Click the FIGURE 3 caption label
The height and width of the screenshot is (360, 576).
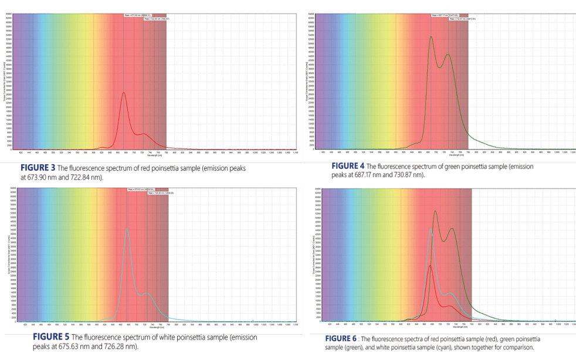tap(38, 167)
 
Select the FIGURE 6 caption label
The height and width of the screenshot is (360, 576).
tap(343, 339)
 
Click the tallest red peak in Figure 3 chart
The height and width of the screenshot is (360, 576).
tap(123, 93)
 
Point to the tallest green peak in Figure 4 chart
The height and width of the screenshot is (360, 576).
tap(431, 37)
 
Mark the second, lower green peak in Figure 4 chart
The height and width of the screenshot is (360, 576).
tap(448, 55)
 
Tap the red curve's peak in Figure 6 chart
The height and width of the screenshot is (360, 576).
tap(431, 266)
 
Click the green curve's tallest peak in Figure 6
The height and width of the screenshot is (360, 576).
tap(435, 211)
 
